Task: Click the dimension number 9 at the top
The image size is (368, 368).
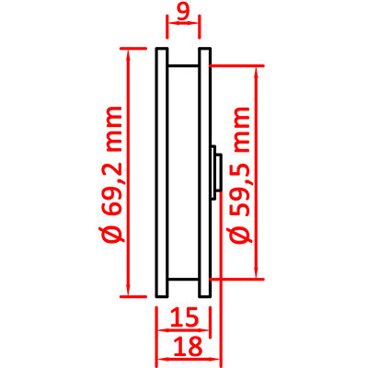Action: (183, 12)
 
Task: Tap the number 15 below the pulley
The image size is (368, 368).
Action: (183, 317)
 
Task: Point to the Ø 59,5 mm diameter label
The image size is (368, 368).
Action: (242, 176)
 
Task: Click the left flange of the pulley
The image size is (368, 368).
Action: (162, 172)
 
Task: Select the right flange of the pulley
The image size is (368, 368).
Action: (204, 172)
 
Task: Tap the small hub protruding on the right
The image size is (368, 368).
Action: (216, 173)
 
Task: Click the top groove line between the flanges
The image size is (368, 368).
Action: (183, 65)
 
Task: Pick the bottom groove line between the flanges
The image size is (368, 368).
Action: (183, 280)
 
